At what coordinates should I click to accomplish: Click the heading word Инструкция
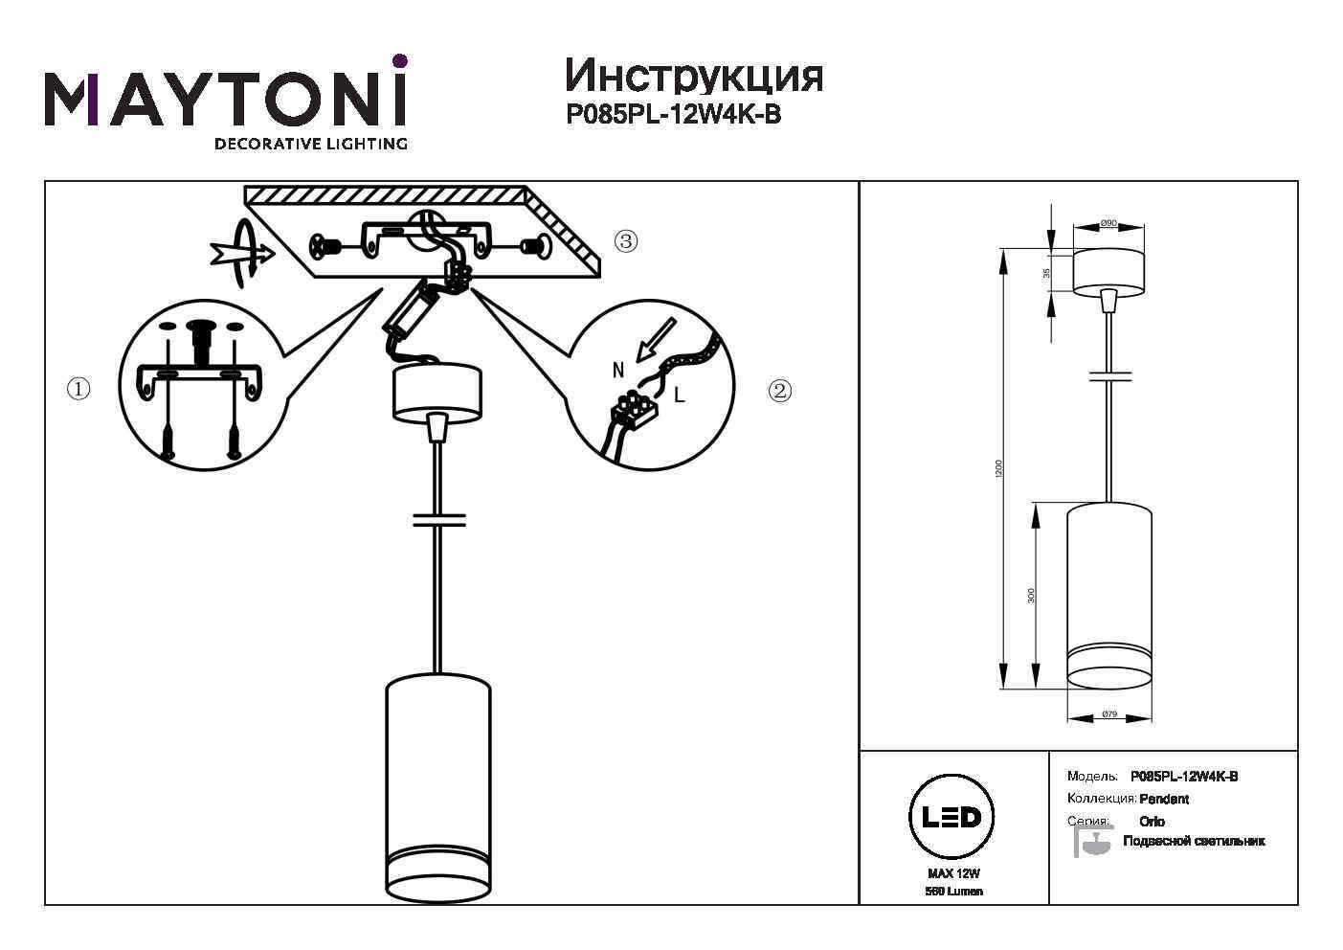coord(694,76)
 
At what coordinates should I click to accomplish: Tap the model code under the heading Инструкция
coord(674,115)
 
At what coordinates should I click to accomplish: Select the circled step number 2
coord(780,390)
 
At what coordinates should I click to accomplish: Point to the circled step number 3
coord(625,240)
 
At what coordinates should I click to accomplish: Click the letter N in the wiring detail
coord(618,368)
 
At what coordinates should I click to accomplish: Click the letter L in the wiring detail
coord(680,393)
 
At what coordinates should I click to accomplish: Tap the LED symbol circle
coord(951,817)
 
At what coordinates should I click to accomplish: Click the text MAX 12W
coord(954,873)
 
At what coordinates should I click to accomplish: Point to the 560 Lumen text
coord(954,892)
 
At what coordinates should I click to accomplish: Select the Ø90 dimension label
coord(1108,223)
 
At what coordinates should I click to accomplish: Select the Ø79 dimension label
coord(1109,714)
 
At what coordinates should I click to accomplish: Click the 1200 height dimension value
coord(998,468)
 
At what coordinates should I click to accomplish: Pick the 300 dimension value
coord(1031,595)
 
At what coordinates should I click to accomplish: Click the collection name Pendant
coord(1164,799)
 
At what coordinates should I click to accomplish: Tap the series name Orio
coord(1153,822)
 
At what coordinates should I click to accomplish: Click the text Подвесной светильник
coord(1193,841)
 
